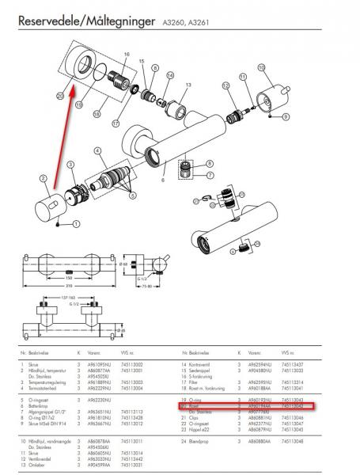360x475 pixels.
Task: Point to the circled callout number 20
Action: (60, 95)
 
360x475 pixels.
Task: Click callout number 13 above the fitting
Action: (188, 84)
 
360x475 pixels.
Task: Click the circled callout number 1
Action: (77, 224)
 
